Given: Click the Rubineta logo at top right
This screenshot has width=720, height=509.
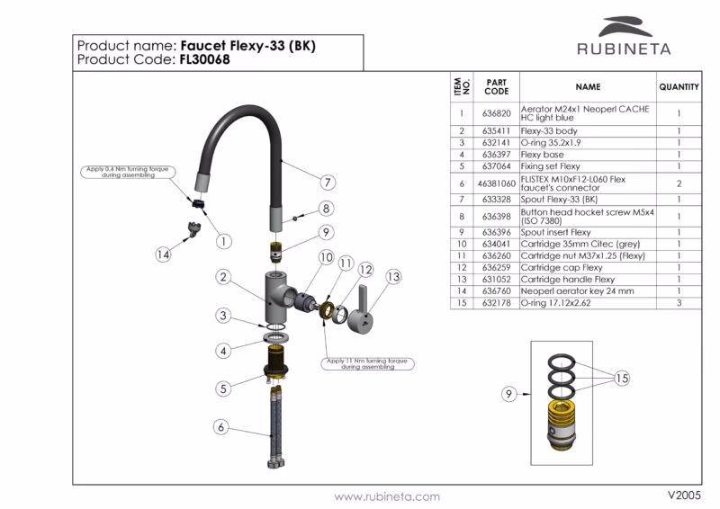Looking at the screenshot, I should [x=622, y=38].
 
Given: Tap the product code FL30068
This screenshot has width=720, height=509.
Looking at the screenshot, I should [x=204, y=60].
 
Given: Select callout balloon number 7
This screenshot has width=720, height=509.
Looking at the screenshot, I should [x=328, y=183].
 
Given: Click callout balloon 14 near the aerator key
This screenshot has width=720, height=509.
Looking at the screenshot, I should [x=163, y=254].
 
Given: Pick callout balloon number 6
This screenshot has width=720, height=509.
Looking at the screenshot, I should [x=220, y=427].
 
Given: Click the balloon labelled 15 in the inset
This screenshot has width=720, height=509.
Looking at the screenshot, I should [x=621, y=379].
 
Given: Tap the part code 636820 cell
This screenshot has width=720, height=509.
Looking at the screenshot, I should [x=496, y=114].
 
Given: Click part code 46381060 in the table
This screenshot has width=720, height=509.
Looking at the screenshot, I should [x=496, y=183].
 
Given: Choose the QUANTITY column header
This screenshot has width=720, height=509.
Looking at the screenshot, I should [x=679, y=87].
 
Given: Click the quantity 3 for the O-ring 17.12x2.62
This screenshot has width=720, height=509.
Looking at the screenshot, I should [x=678, y=303].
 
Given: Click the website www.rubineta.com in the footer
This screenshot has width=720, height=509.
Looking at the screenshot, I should [x=387, y=496].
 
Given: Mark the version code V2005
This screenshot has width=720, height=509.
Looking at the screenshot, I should [x=684, y=496].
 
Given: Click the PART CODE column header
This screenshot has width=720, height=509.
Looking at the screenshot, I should [x=496, y=87].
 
